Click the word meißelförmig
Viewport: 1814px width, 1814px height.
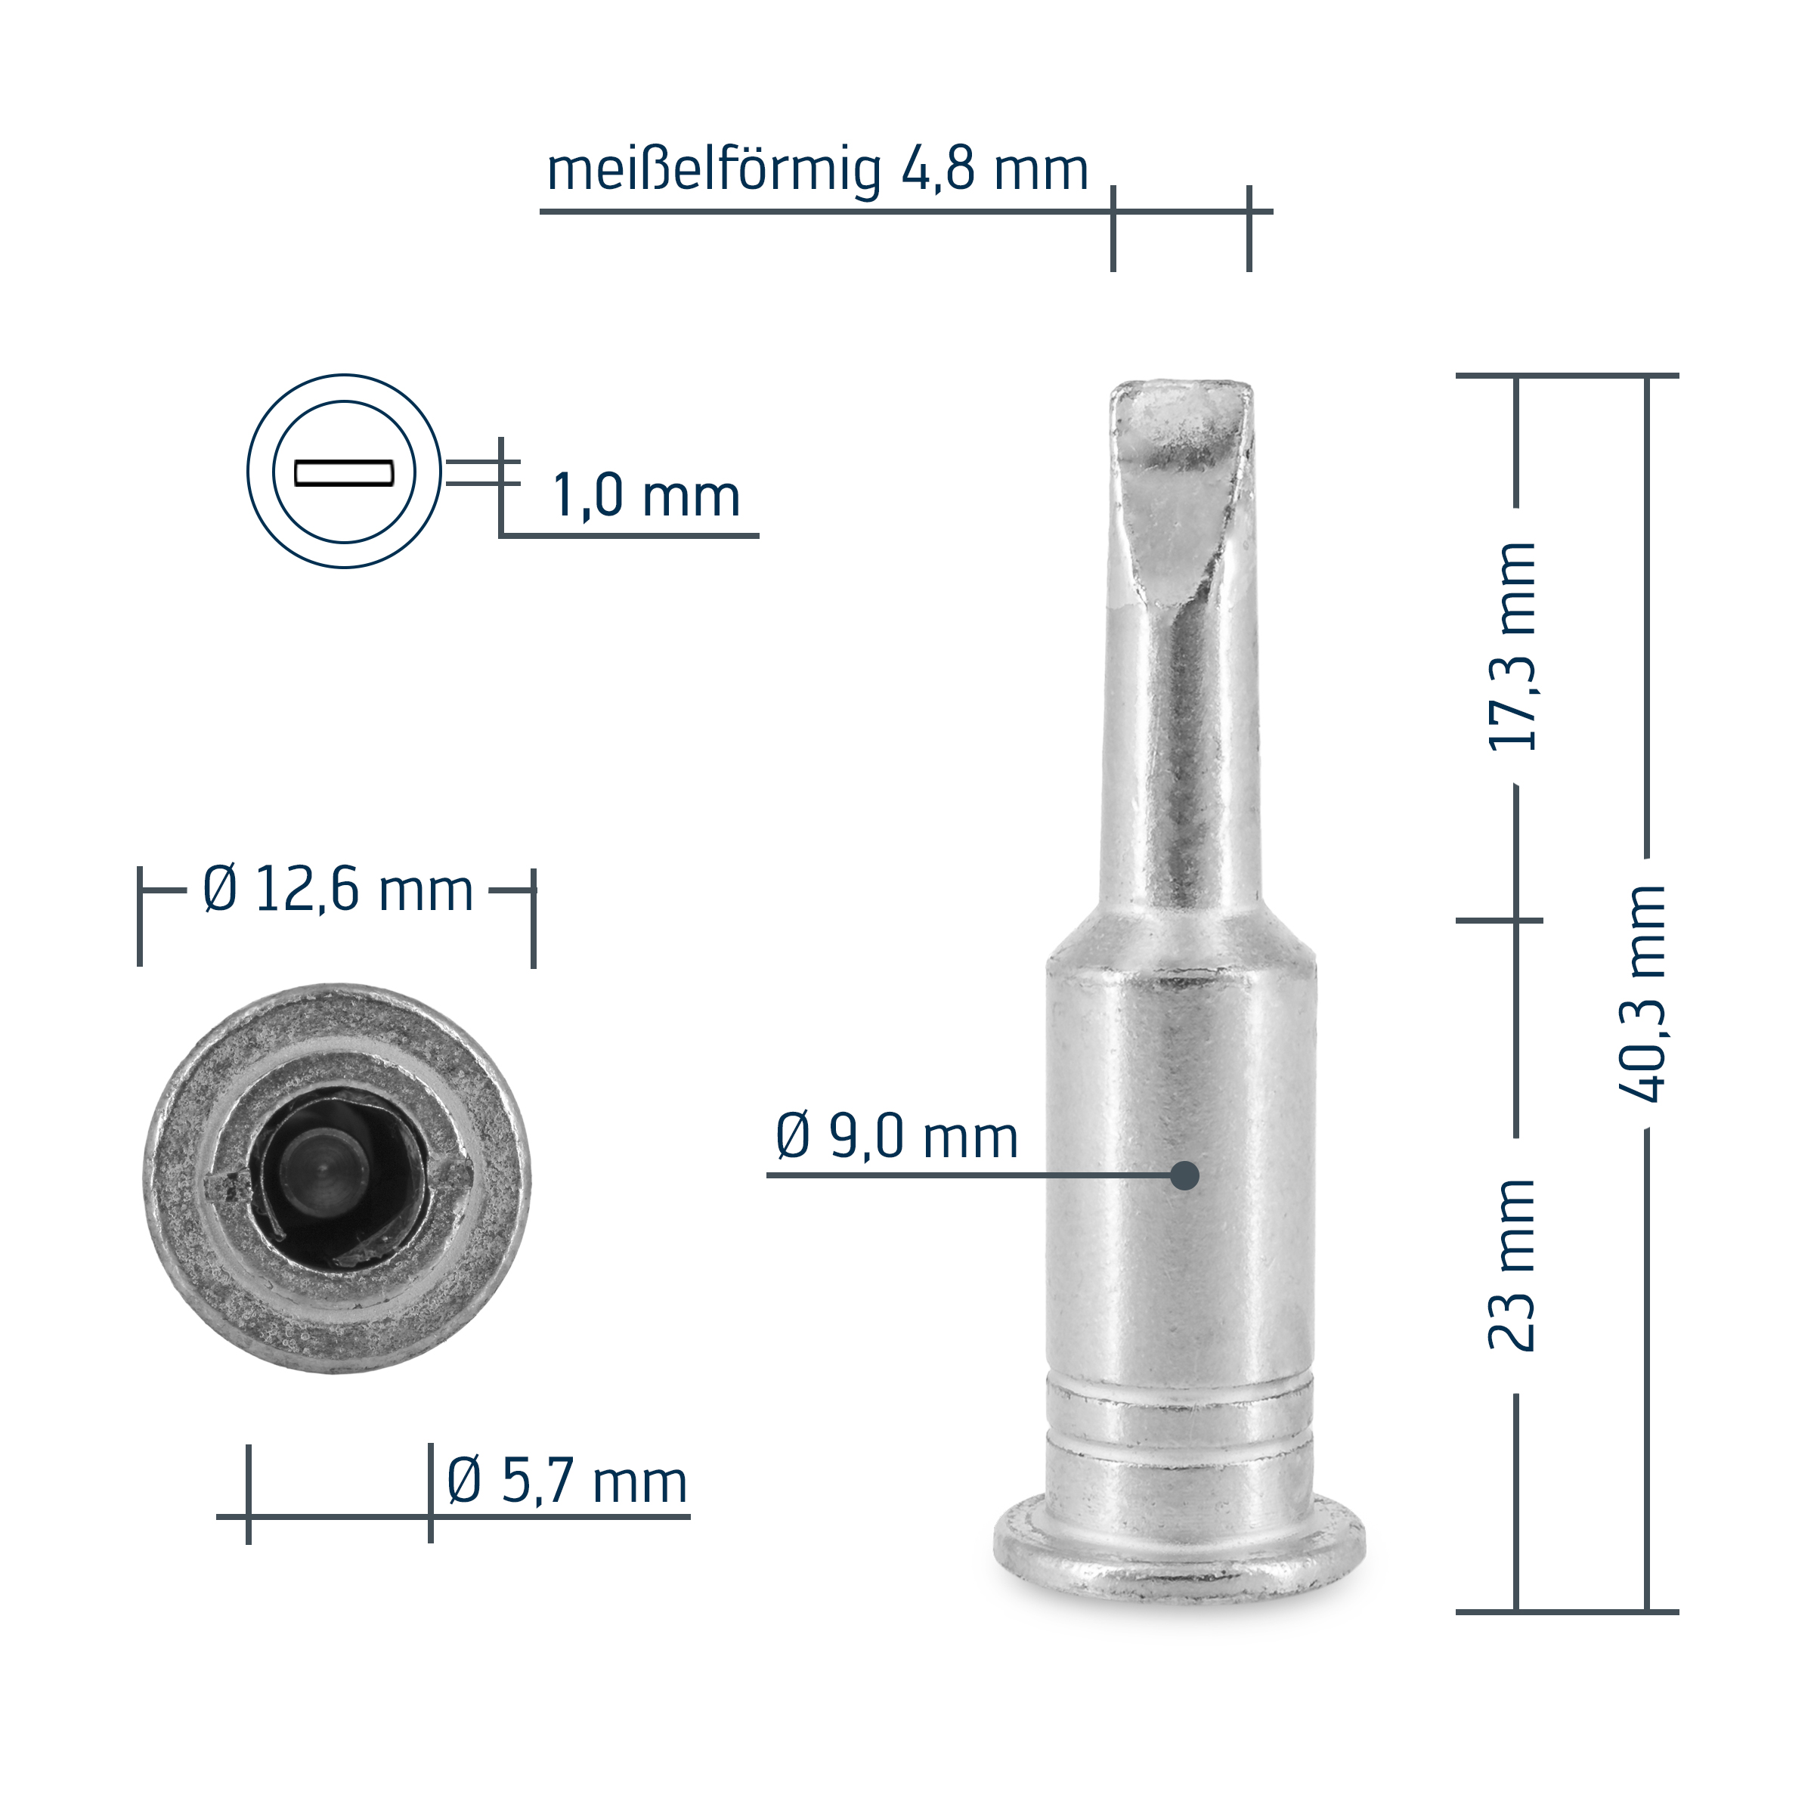point(714,170)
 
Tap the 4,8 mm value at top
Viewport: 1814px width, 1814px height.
point(995,170)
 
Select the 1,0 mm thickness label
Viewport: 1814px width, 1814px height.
point(647,496)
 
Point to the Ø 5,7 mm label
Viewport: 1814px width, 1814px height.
point(567,1481)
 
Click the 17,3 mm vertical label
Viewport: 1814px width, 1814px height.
point(1512,646)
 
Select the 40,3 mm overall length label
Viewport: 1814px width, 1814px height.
point(1642,993)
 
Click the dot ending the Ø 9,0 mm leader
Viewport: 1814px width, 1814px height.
point(1185,1175)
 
